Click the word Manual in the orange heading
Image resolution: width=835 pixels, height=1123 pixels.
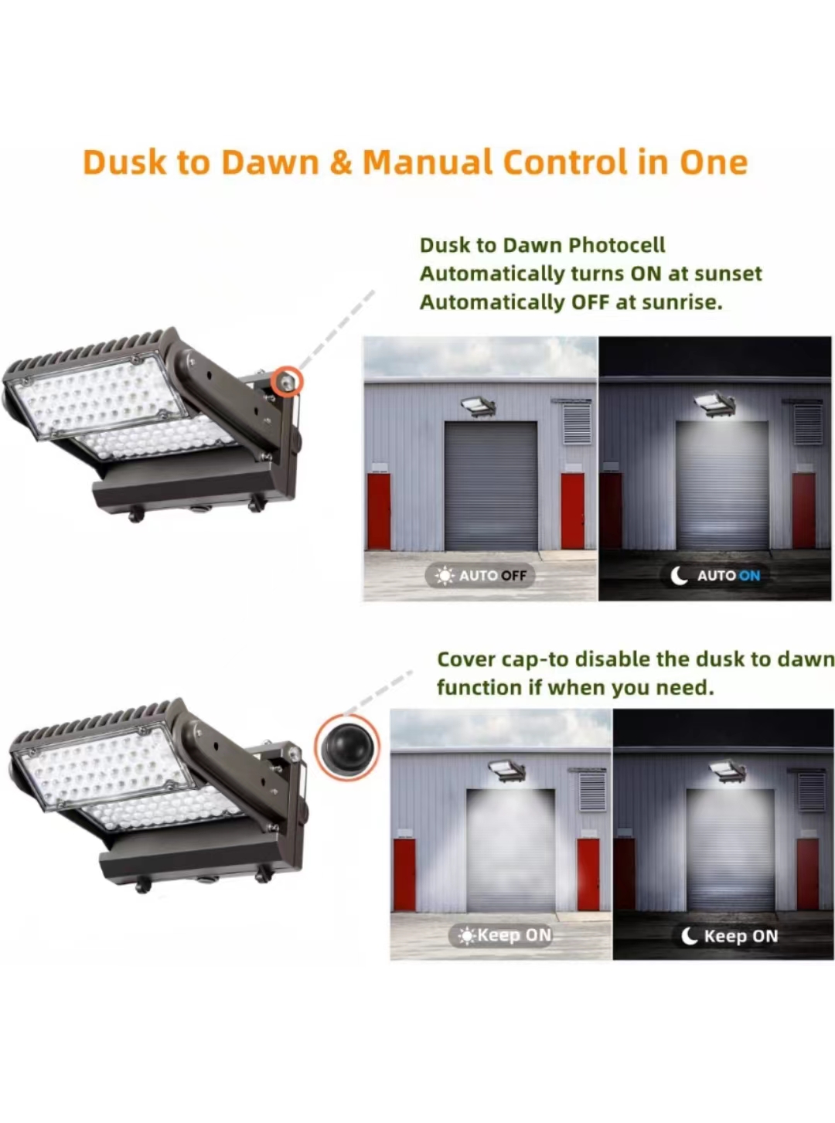click(428, 162)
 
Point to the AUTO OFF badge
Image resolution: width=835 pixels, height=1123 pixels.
click(480, 575)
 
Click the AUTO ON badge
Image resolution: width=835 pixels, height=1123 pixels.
click(715, 575)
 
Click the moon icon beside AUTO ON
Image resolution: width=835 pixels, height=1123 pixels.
click(680, 575)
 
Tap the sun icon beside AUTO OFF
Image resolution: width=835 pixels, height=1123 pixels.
click(445, 576)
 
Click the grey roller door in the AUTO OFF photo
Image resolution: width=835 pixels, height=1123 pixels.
click(490, 486)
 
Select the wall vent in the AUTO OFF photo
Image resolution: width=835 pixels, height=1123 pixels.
click(577, 422)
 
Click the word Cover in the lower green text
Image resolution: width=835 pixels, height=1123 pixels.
click(466, 660)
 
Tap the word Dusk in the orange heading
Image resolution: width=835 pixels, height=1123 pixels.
click(124, 162)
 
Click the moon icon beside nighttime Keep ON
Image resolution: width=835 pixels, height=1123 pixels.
click(690, 936)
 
